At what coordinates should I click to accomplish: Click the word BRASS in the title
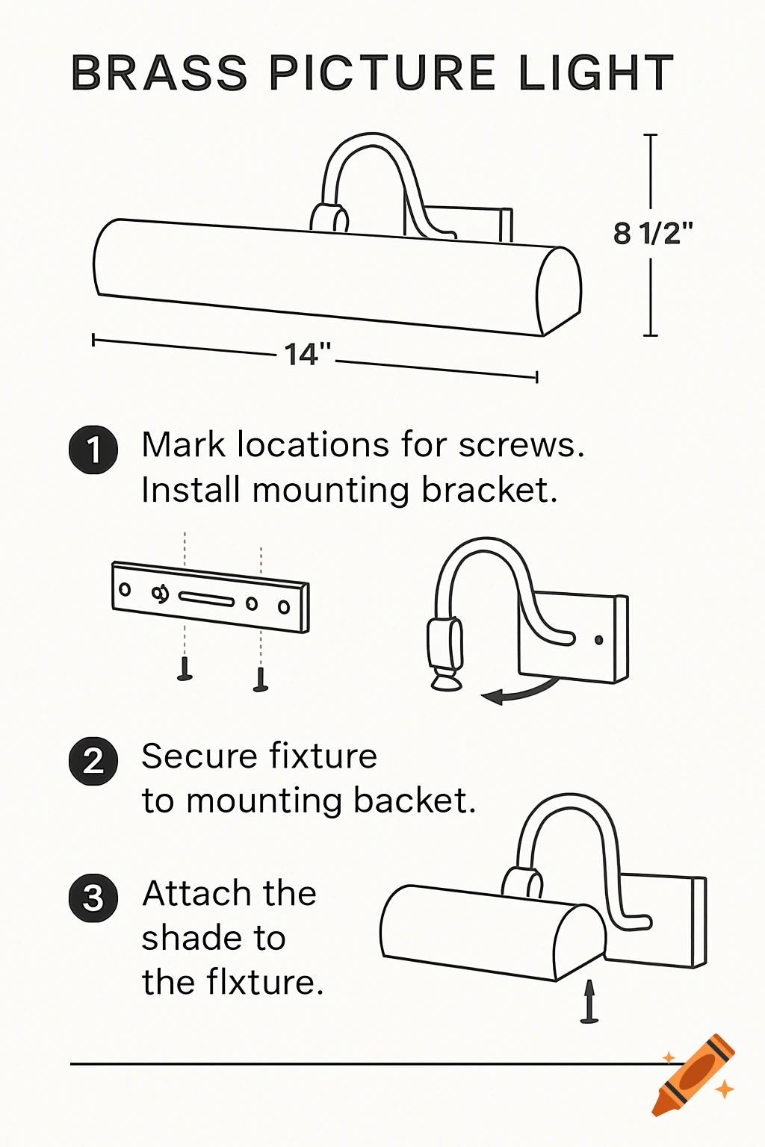coord(158,73)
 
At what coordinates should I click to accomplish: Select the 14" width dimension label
coord(307,354)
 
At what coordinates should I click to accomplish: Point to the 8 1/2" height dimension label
coord(653,234)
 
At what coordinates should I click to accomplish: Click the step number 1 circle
coord(93,450)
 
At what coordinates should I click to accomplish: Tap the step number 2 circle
coord(93,761)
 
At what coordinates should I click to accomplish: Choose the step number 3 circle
coord(93,898)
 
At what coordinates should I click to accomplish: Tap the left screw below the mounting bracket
coord(185,668)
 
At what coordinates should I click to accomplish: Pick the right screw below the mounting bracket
coord(261,680)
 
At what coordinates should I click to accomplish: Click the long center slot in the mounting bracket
coord(206,599)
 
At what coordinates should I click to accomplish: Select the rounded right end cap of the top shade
coord(558,292)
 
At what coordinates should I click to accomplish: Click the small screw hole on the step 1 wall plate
coord(598,640)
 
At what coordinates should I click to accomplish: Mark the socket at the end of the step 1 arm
coord(445,650)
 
